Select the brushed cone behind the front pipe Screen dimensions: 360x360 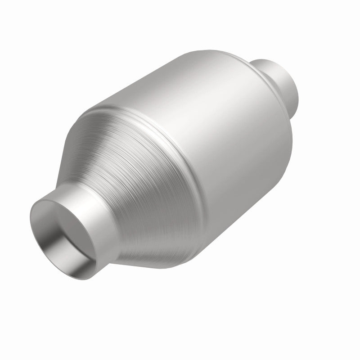point(135,180)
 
